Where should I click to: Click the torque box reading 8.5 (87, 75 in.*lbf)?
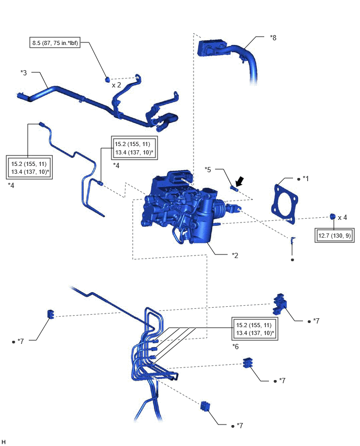coord(55,43)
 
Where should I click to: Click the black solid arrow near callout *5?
coord(240,181)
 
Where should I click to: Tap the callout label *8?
coord(273,38)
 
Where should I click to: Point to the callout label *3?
coord(24,73)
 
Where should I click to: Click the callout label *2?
coord(235,255)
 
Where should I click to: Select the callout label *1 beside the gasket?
coord(306,179)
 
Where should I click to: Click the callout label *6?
coord(235,347)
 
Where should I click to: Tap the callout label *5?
coord(208,170)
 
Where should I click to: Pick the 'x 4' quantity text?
coord(342,218)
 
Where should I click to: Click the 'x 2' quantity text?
coord(116,85)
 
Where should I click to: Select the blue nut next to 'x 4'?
coord(332,217)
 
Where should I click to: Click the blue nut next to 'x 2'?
coord(107,80)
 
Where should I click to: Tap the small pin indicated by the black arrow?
coord(234,188)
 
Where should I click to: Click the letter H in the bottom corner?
coord(3,441)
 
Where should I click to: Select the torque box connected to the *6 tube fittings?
coord(255,329)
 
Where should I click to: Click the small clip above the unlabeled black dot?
coord(292,240)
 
